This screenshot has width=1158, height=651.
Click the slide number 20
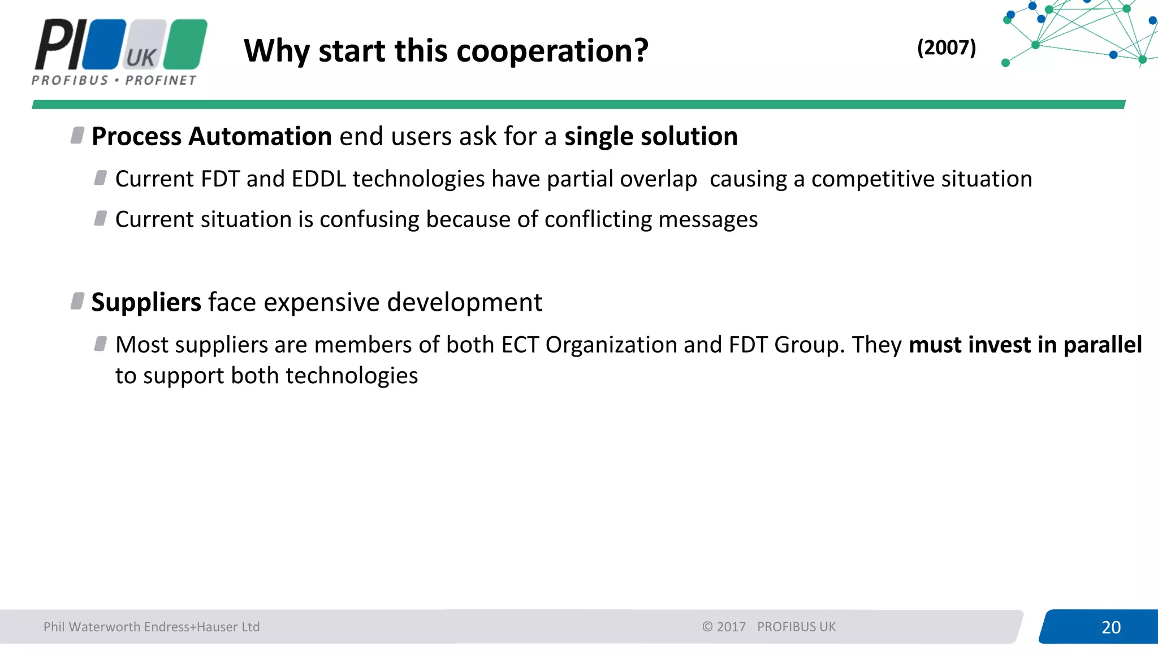[1111, 627]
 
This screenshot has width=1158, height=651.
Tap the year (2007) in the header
[946, 47]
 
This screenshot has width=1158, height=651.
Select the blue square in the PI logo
[104, 44]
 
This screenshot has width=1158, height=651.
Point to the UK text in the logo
[141, 58]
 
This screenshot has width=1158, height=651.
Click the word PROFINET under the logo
[161, 80]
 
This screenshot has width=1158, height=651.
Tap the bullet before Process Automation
[77, 136]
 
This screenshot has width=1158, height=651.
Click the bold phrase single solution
[650, 137]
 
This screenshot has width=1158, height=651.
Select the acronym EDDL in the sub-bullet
[318, 179]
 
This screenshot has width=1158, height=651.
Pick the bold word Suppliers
[146, 302]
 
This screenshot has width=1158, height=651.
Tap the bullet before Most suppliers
[101, 344]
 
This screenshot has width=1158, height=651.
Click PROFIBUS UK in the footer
[796, 627]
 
